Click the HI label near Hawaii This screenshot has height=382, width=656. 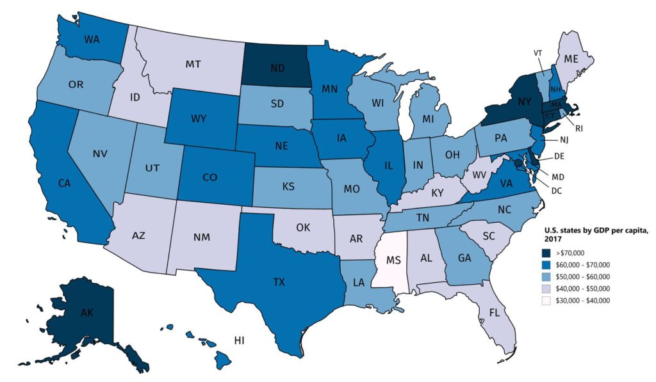point(241,340)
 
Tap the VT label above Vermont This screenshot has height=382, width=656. point(538,52)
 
